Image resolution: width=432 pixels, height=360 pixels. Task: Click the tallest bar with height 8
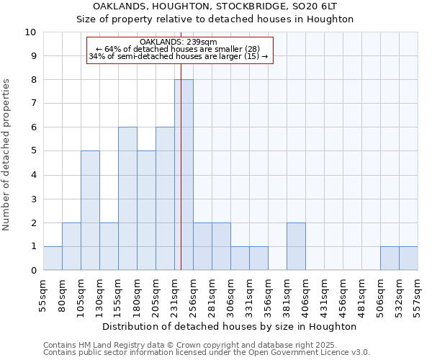184,175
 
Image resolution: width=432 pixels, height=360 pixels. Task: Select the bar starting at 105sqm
90,210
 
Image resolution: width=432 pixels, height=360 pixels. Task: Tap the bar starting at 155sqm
127,199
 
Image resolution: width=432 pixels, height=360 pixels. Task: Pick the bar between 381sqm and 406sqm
296,246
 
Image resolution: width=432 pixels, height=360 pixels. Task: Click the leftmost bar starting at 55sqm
53,258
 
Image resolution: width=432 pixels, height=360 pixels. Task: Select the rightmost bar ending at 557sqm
408,258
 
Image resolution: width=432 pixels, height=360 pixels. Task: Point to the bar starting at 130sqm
109,246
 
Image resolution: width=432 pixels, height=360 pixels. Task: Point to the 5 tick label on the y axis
33,151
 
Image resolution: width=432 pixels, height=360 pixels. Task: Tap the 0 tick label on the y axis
33,271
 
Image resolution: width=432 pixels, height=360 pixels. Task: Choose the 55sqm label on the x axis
43,293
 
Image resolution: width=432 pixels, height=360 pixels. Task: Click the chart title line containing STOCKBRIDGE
215,6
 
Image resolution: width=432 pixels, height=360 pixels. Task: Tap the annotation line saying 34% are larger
179,56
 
